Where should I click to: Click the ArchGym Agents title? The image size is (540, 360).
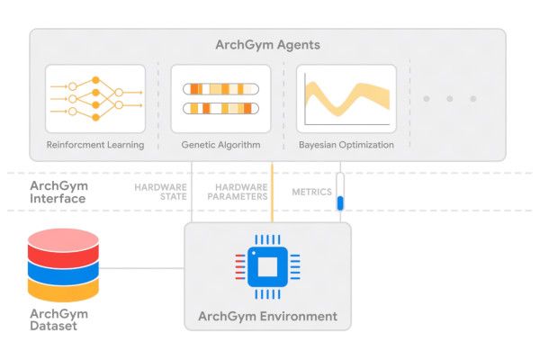pos(267,44)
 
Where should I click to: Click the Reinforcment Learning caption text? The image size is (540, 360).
pos(95,144)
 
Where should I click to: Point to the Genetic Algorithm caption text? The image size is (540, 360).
pos(221,144)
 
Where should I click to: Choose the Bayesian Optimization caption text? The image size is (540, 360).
pos(346,144)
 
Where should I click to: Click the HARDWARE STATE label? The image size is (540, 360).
pos(160,193)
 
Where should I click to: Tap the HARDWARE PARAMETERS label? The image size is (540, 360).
pos(238,193)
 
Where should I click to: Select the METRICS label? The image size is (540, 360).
pos(311,193)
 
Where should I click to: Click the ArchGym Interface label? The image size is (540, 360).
pos(58,193)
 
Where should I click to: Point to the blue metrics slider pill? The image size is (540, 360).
pos(340,202)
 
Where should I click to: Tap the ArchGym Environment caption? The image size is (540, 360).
pos(267,316)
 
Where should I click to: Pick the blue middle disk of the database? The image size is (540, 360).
pos(62,268)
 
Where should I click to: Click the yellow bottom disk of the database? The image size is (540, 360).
pos(62,288)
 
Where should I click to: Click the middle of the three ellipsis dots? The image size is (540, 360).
pos(449,98)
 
